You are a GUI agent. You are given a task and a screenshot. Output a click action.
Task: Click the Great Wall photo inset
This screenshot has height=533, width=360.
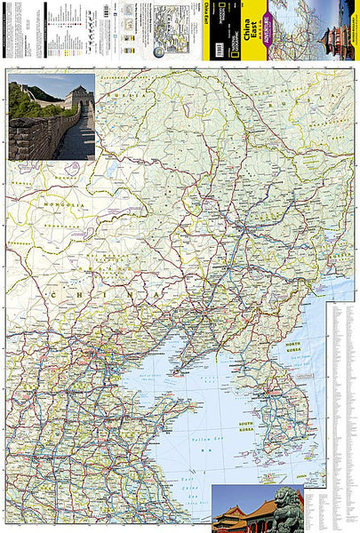51,116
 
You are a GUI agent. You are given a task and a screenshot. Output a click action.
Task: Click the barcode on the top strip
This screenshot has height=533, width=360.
108,10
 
